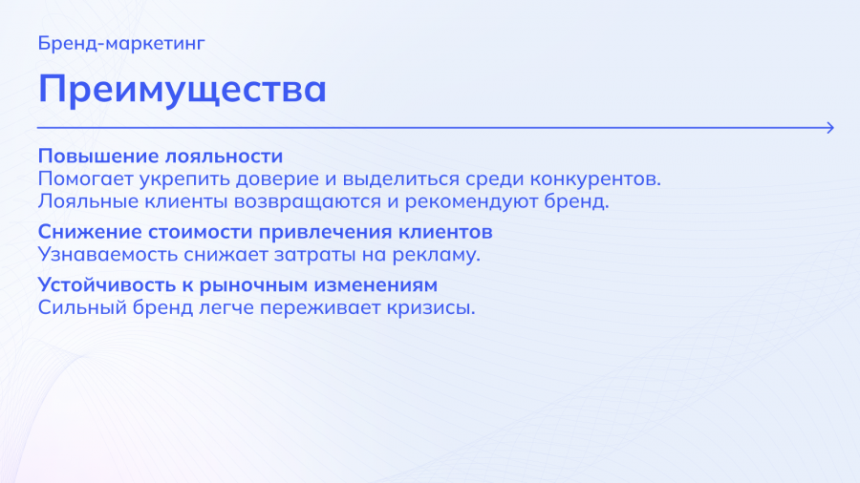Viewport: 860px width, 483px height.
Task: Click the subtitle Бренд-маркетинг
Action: click(x=121, y=43)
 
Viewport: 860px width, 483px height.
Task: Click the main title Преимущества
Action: click(x=183, y=89)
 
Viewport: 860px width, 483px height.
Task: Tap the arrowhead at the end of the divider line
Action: click(x=831, y=128)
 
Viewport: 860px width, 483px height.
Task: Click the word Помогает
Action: click(x=86, y=179)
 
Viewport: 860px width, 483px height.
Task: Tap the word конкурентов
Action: click(x=595, y=179)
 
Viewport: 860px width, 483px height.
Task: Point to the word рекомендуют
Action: click(x=471, y=201)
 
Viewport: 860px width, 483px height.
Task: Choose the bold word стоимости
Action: click(x=200, y=232)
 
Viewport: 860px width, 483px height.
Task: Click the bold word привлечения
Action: click(x=325, y=232)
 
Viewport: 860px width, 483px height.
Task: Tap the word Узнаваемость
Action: click(x=107, y=255)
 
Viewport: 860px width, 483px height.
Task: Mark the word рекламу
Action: click(x=436, y=255)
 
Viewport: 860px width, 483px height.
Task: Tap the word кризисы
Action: click(x=431, y=307)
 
